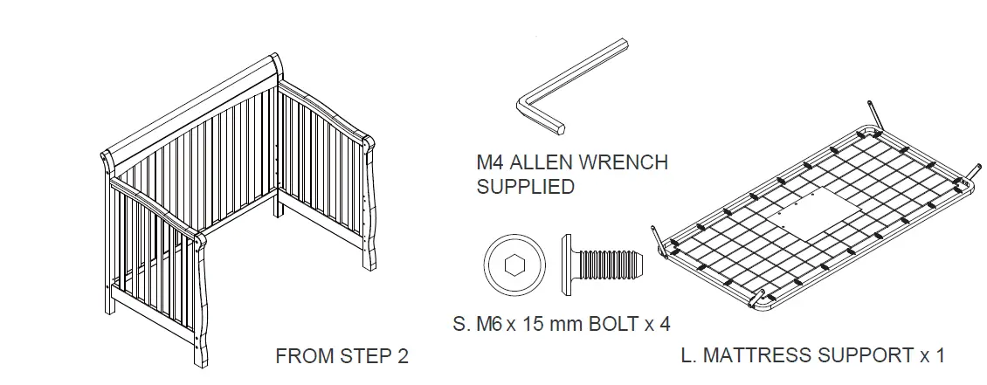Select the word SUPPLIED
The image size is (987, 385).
(525, 186)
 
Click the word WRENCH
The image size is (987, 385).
(628, 162)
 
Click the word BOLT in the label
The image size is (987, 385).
(610, 323)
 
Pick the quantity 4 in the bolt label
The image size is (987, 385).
(665, 323)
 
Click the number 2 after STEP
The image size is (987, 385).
(402, 356)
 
